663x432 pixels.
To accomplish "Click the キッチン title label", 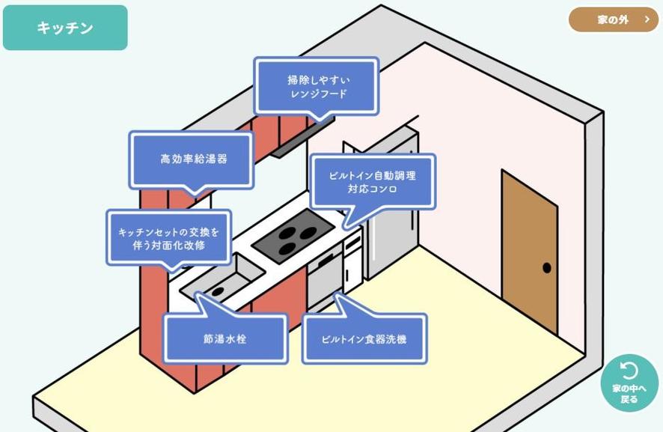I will point(65,28).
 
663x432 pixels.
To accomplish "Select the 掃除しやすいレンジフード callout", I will point(317,86).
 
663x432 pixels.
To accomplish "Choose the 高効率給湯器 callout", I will point(192,159).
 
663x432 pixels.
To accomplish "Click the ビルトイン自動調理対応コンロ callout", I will point(372,182).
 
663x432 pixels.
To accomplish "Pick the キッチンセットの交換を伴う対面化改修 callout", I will point(169,237).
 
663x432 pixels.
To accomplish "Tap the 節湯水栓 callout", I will point(224,338).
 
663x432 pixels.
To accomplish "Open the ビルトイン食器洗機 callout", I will point(364,339).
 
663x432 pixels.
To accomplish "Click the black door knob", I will point(547,267).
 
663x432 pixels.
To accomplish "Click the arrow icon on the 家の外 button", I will point(647,20).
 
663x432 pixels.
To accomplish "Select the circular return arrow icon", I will point(629,371).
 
